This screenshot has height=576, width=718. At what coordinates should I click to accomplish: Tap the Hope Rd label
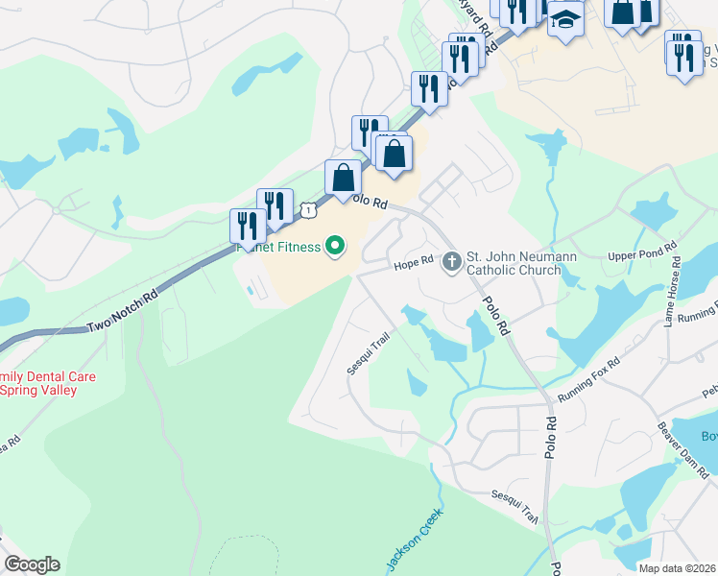click(x=416, y=265)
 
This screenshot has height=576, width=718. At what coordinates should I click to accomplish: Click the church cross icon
click(x=452, y=261)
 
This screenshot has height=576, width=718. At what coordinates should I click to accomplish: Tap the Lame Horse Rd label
click(x=673, y=292)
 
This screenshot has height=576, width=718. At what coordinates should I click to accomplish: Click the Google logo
click(x=32, y=564)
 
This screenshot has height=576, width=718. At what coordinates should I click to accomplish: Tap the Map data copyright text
click(x=678, y=568)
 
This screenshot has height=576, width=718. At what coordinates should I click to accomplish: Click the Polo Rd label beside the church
click(x=495, y=316)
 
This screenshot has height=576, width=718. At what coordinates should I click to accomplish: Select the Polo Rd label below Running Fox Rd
click(x=551, y=436)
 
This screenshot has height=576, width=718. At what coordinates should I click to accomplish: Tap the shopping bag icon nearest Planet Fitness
click(x=343, y=180)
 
